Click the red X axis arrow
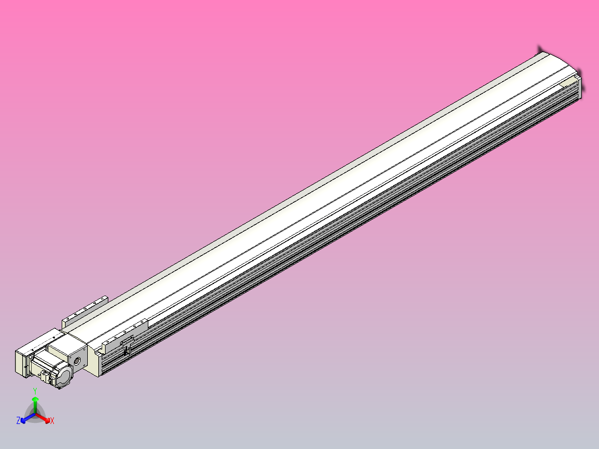(48, 419)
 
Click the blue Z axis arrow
(23, 420)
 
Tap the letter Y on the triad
(35, 391)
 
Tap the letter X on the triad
(52, 422)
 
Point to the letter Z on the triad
(18, 421)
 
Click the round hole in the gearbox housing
(77, 361)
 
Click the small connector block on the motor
(44, 377)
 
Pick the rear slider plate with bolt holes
(85, 311)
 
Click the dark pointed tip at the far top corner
(540, 49)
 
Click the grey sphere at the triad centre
(35, 415)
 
